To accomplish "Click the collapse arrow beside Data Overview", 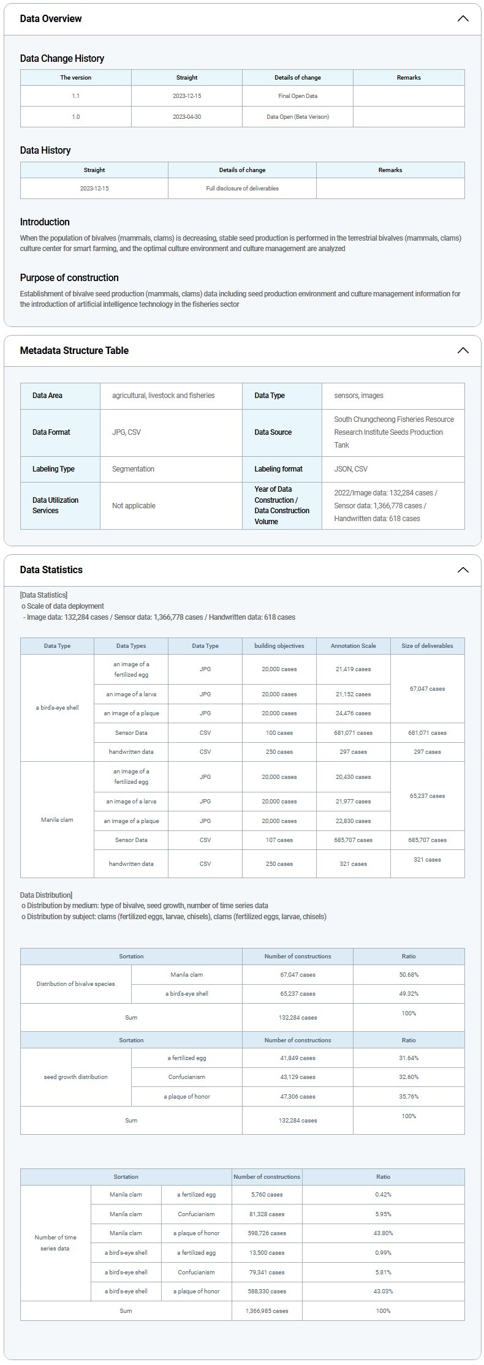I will pos(463,18).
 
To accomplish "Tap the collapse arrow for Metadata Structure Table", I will pos(463,350).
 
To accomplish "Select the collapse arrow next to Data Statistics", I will pos(463,570).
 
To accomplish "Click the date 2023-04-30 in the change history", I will pos(187,116).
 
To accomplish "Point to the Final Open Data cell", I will pos(298,96).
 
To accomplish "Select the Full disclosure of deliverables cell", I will pos(242,188).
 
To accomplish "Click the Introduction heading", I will pos(45,222).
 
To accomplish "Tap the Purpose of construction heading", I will pos(69,277).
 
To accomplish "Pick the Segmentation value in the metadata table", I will pos(133,469).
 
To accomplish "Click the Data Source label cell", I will pos(273,432).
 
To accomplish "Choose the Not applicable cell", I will pos(134,506).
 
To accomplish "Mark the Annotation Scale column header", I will pos(353,645).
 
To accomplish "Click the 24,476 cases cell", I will pos(353,713).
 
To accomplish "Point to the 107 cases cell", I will pos(279,840).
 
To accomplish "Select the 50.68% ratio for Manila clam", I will pos(409,974).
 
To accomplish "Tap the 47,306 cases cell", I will pos(298,1096).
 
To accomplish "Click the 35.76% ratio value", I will pos(409,1096).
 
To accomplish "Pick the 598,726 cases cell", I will pos(267,1233).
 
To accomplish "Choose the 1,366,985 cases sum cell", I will pos(267,1310).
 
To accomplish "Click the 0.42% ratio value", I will pos(383,1194).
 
